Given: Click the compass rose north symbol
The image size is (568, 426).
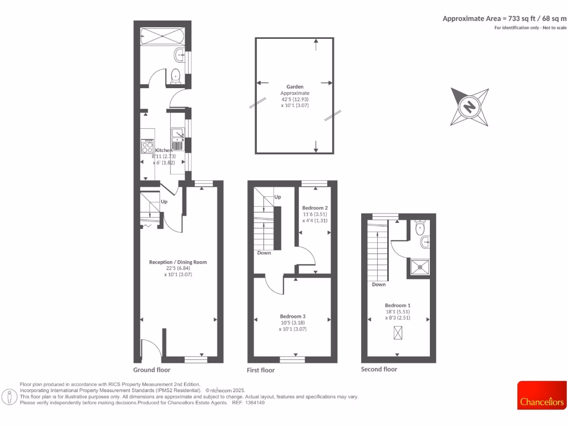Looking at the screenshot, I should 469,106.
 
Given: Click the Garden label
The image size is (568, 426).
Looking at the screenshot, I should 295,87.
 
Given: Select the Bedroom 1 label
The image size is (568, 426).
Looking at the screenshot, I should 398,305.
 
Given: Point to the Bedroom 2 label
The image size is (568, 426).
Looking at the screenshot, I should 311,208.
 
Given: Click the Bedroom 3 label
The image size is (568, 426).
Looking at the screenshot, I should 293,316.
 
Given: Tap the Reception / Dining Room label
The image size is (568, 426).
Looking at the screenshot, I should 177,262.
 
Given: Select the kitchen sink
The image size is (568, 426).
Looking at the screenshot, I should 178,134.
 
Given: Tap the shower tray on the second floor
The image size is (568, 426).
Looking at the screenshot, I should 420,266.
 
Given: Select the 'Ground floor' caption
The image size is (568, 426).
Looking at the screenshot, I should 152,369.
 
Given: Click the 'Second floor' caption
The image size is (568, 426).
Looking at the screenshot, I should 379,369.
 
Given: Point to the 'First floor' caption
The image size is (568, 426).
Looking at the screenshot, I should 261,370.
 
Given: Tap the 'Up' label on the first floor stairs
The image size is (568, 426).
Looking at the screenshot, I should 277,197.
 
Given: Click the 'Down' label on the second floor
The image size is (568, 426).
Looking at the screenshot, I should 379,285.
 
